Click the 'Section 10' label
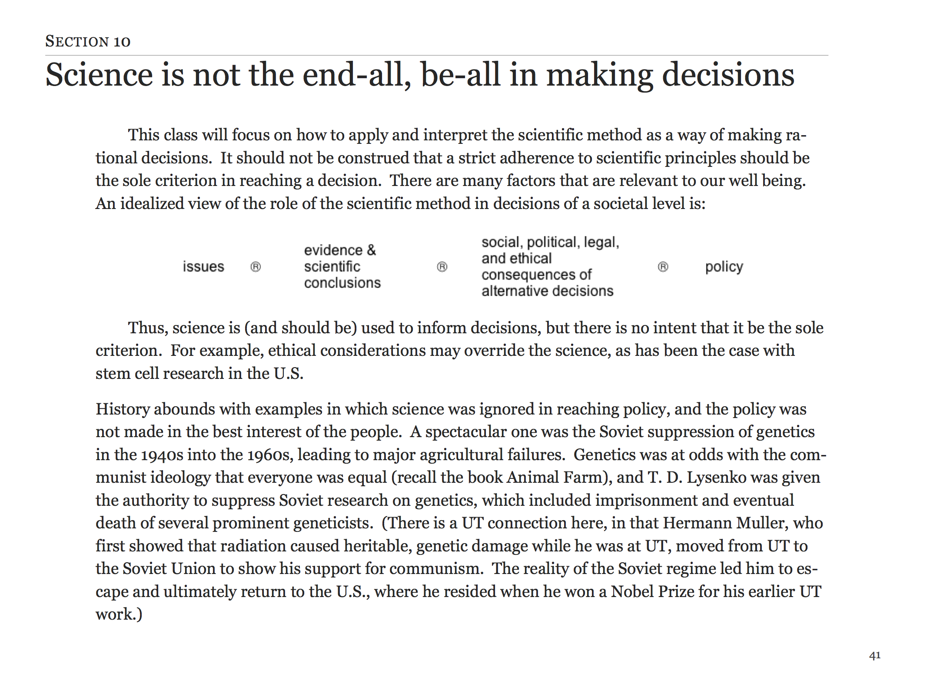(x=88, y=41)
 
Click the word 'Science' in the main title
(x=99, y=75)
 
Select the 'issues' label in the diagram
(x=203, y=266)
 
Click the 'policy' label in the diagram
(x=724, y=266)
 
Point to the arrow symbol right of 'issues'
(x=256, y=267)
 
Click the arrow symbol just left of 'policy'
(x=663, y=267)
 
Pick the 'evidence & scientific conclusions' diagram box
(x=342, y=266)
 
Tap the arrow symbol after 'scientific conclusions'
(x=442, y=267)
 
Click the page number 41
(x=874, y=655)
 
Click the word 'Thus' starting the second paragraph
(x=148, y=328)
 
